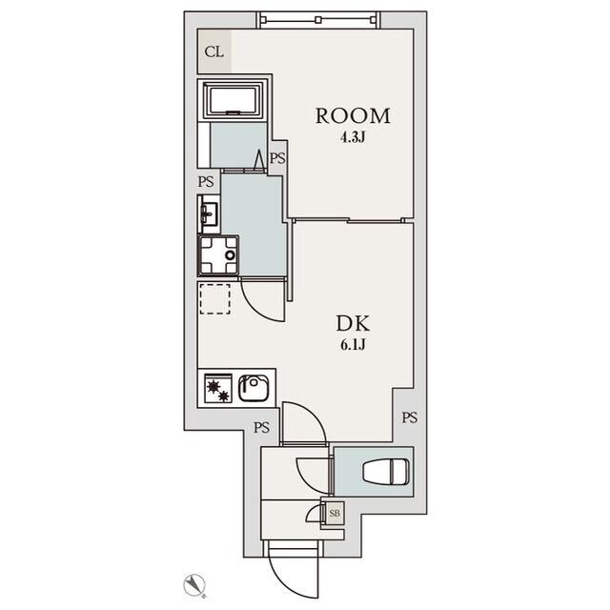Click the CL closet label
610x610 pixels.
(213, 51)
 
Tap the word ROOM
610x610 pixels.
(353, 116)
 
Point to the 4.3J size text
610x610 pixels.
(353, 137)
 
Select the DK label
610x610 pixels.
(353, 323)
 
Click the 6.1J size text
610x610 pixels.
(353, 345)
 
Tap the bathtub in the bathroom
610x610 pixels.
(234, 99)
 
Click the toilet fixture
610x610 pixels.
(386, 472)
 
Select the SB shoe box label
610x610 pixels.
(335, 513)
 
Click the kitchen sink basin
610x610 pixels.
(254, 388)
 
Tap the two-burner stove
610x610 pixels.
(218, 388)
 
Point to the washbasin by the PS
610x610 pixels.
(209, 213)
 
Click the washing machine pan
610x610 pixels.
(218, 255)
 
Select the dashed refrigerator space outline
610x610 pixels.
(214, 298)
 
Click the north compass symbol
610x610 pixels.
(194, 584)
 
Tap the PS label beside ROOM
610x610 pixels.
(277, 158)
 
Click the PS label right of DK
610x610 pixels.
(410, 417)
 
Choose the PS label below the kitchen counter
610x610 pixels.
(262, 428)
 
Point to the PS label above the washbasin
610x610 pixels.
(206, 182)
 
